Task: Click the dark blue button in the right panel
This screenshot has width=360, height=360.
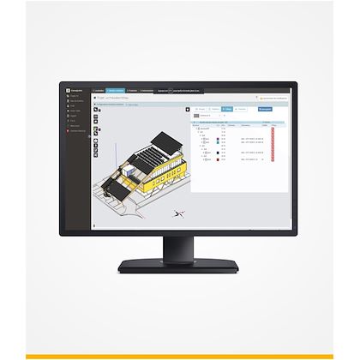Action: click(x=266, y=109)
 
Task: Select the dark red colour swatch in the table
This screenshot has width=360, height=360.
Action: click(x=220, y=159)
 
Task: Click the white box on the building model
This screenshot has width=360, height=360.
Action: click(x=129, y=171)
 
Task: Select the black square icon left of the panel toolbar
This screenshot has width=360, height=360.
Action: click(x=194, y=109)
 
